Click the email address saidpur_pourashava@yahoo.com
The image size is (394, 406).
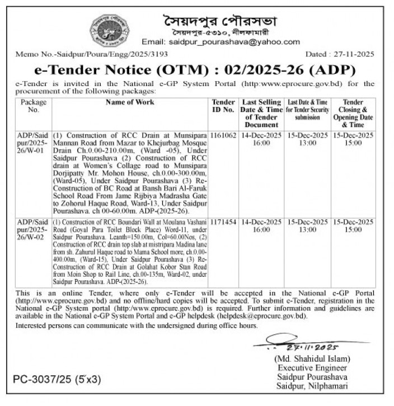[x=221, y=42]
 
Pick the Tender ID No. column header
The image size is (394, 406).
[x=223, y=106]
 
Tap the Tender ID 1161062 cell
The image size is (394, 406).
[x=223, y=136]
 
